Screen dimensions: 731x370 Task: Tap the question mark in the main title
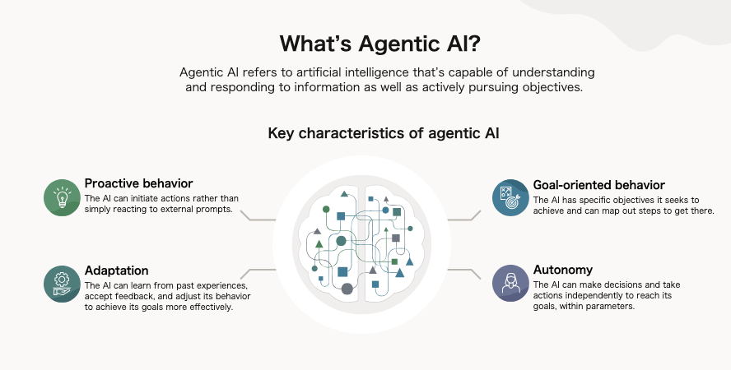click(x=473, y=44)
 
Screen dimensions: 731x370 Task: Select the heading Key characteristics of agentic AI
click(x=384, y=133)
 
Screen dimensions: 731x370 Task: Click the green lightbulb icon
click(x=62, y=197)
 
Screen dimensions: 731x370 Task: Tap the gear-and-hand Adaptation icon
click(x=62, y=284)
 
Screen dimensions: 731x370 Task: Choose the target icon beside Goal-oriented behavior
click(x=510, y=198)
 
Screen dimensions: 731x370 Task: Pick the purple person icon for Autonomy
click(x=510, y=284)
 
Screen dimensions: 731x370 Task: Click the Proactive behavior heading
click(x=138, y=183)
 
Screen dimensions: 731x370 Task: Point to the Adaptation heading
click(x=117, y=271)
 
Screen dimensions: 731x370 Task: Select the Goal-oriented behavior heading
click(x=599, y=185)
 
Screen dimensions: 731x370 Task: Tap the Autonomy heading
click(x=563, y=270)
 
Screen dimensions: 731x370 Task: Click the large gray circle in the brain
click(x=347, y=289)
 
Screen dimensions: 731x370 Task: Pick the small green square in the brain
click(x=394, y=261)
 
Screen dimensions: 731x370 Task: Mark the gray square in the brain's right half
click(x=396, y=238)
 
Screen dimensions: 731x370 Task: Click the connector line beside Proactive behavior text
click(x=258, y=217)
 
